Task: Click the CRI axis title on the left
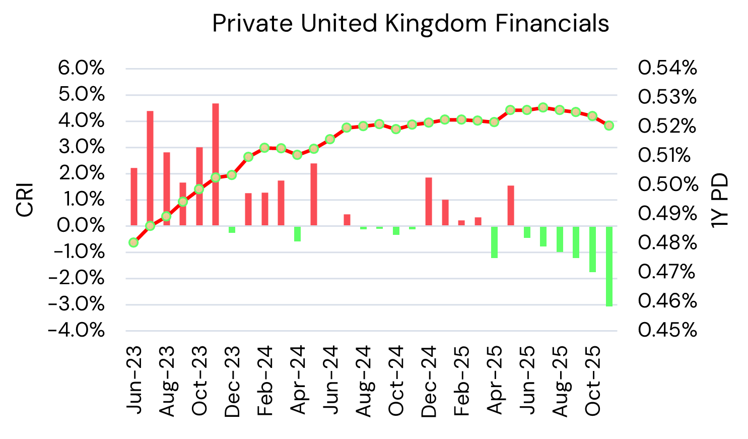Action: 25,200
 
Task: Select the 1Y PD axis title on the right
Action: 720,200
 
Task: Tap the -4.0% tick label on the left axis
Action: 77,331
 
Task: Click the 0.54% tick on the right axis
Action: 667,68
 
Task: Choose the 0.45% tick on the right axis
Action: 667,331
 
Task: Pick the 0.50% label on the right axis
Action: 667,184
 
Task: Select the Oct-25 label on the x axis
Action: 593,381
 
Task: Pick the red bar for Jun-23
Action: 134,197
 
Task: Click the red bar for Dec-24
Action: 429,202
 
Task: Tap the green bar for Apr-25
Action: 494,242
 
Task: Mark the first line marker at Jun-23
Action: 133,242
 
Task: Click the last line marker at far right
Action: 609,126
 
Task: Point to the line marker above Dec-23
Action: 232,175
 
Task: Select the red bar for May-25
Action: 511,206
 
